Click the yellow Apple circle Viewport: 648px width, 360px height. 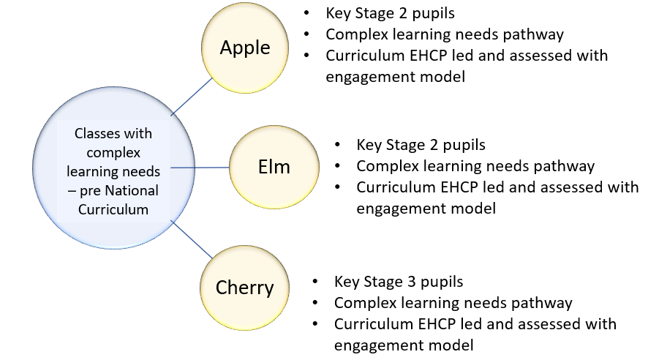(245, 48)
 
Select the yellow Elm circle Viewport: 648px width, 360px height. (274, 167)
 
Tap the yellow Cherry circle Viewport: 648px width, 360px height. (244, 287)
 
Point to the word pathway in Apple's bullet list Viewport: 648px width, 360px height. (538, 34)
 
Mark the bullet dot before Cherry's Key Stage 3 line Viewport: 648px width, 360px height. (315, 282)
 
